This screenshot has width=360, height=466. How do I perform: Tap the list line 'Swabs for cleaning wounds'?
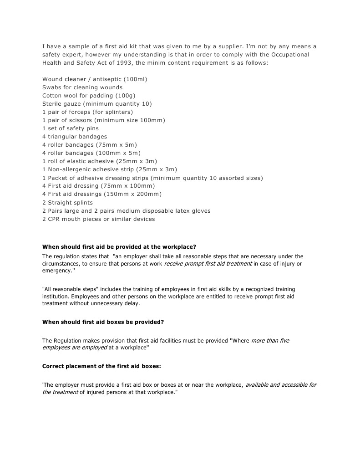pyautogui.click(x=82, y=87)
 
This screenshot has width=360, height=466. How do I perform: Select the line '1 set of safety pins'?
pyautogui.click(x=70, y=128)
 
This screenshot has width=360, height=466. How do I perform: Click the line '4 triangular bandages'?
pyautogui.click(x=75, y=136)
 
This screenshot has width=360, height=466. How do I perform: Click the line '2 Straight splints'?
pyautogui.click(x=67, y=202)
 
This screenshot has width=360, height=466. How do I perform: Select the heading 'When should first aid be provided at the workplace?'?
pyautogui.click(x=119, y=247)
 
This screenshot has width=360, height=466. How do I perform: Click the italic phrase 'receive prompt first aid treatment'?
pyautogui.click(x=208, y=264)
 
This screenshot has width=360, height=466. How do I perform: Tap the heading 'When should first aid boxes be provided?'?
pyautogui.click(x=103, y=322)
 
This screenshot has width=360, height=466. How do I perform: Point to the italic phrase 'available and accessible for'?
pyautogui.click(x=281, y=384)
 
